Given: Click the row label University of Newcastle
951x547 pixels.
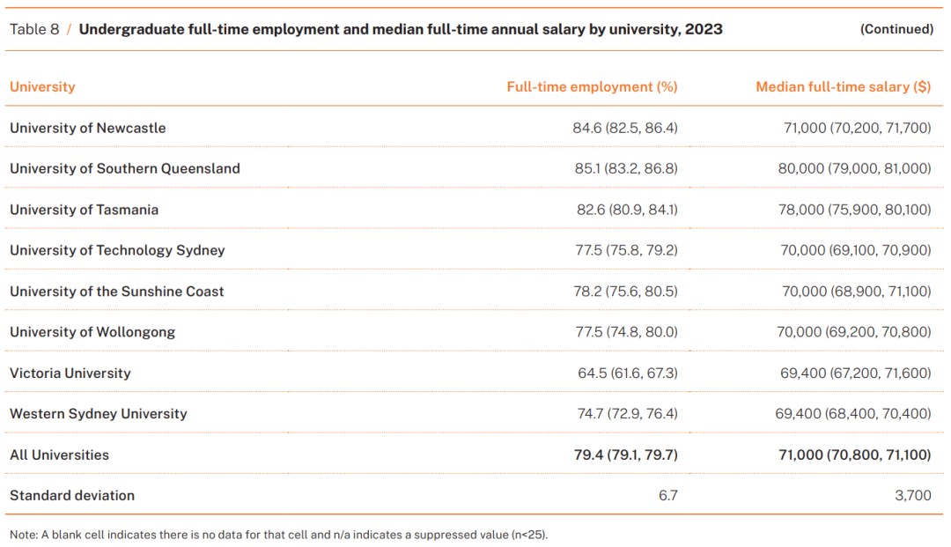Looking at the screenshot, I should (87, 128).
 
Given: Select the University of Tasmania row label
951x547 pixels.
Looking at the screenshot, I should (84, 210).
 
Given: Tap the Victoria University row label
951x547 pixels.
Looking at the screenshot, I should (70, 373).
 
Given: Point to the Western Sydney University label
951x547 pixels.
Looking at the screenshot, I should (98, 414).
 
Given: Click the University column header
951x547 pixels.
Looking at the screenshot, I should (42, 87).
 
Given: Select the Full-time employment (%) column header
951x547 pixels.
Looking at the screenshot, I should (592, 87).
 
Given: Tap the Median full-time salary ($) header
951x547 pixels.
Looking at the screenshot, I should (843, 87).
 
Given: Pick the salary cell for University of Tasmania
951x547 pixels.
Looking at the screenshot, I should (855, 210).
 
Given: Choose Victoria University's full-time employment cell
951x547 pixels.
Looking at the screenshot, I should (627, 373).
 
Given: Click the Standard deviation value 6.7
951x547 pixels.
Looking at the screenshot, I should (667, 496).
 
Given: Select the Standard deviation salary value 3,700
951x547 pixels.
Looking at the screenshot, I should (912, 496).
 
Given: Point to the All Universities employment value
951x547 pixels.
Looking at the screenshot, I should (625, 455).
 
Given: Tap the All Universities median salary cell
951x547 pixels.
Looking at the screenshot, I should (853, 455).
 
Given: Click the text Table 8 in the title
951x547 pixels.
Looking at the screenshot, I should (34, 29).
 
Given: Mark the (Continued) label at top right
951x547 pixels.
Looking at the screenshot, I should (896, 29).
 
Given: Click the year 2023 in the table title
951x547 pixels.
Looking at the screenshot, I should (704, 29).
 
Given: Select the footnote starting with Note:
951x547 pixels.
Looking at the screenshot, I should (279, 535).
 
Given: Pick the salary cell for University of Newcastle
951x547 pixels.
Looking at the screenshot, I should (857, 128).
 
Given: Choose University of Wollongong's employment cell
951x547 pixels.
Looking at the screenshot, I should (626, 332).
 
